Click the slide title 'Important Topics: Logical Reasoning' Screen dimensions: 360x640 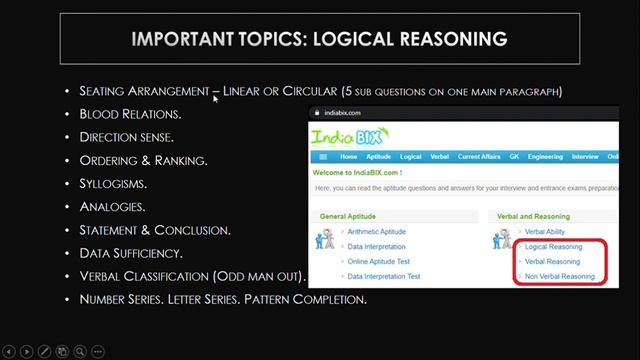(319, 39)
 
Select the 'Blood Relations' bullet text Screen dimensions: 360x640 (130, 114)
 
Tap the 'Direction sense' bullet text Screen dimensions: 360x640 (126, 137)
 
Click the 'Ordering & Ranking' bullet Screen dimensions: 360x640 (143, 160)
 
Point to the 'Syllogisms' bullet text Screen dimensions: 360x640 (113, 184)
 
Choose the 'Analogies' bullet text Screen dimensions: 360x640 (112, 207)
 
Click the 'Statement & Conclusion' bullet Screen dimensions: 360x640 (155, 230)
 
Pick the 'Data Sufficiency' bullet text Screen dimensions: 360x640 (131, 253)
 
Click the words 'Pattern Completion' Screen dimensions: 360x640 (318, 299)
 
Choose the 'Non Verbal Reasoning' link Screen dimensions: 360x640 (559, 276)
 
